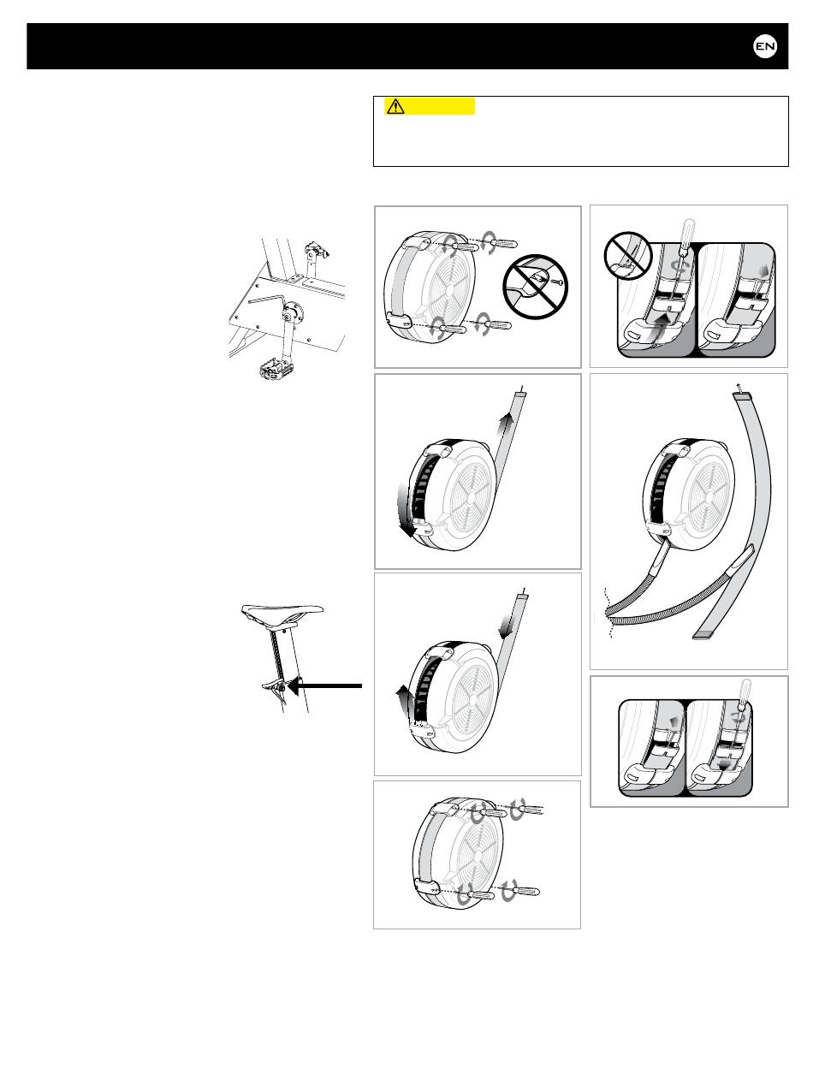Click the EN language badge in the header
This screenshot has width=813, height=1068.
point(765,46)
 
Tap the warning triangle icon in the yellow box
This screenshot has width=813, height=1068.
point(395,106)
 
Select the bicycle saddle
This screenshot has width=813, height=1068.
point(282,612)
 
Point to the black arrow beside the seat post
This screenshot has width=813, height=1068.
point(325,686)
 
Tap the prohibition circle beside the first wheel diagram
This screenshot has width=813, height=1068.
point(535,287)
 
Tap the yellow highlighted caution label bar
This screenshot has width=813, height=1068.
point(429,106)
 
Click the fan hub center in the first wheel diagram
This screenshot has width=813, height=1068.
point(449,290)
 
